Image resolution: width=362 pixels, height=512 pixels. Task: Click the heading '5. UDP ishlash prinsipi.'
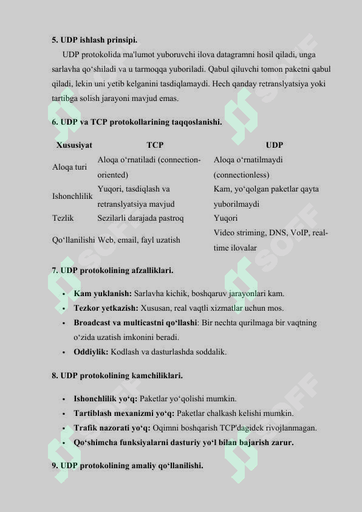click(x=95, y=40)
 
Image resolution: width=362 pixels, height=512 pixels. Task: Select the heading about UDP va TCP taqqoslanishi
click(x=137, y=122)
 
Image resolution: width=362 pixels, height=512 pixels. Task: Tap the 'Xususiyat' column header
click(x=74, y=145)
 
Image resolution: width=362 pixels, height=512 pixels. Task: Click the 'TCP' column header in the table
click(x=155, y=145)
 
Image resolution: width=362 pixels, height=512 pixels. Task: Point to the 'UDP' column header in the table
click(x=275, y=145)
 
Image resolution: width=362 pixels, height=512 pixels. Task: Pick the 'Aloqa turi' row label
click(x=69, y=167)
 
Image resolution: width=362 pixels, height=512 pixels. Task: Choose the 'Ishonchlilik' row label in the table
click(x=72, y=196)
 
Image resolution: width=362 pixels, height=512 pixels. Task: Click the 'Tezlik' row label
click(x=63, y=218)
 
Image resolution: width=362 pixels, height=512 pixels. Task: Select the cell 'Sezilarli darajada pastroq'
click(x=140, y=218)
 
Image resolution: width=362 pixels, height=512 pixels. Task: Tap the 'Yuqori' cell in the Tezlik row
click(x=225, y=218)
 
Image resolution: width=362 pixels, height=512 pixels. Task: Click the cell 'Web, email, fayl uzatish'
click(x=138, y=240)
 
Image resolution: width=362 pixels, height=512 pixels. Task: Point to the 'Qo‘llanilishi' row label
click(x=73, y=240)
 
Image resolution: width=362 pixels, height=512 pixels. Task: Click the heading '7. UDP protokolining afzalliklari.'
click(x=112, y=269)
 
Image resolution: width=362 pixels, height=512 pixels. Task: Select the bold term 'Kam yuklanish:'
click(x=103, y=294)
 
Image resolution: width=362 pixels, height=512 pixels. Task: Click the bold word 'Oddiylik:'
click(x=91, y=352)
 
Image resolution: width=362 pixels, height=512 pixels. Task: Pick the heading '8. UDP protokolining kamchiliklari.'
click(x=117, y=376)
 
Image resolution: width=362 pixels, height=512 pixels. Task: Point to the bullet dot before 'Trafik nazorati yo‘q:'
click(x=64, y=429)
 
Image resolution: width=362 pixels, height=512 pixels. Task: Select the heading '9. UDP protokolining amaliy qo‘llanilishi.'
click(x=128, y=466)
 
